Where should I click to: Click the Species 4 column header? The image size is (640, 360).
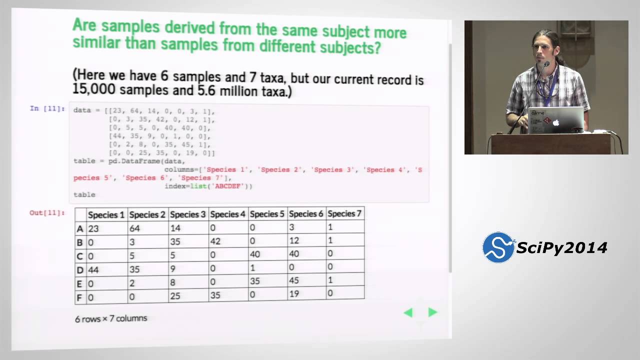click(227, 214)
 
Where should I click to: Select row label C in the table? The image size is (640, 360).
click(80, 255)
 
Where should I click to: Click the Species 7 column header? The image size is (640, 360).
click(344, 213)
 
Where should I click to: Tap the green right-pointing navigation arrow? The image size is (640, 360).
click(432, 312)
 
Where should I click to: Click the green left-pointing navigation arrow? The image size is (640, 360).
click(408, 313)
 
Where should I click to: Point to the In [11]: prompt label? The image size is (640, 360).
click(47, 108)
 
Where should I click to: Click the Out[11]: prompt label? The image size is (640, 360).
click(47, 213)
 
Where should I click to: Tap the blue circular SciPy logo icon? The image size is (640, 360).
click(497, 247)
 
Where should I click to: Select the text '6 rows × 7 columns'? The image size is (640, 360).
click(111, 318)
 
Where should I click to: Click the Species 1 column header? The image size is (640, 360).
click(106, 214)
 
